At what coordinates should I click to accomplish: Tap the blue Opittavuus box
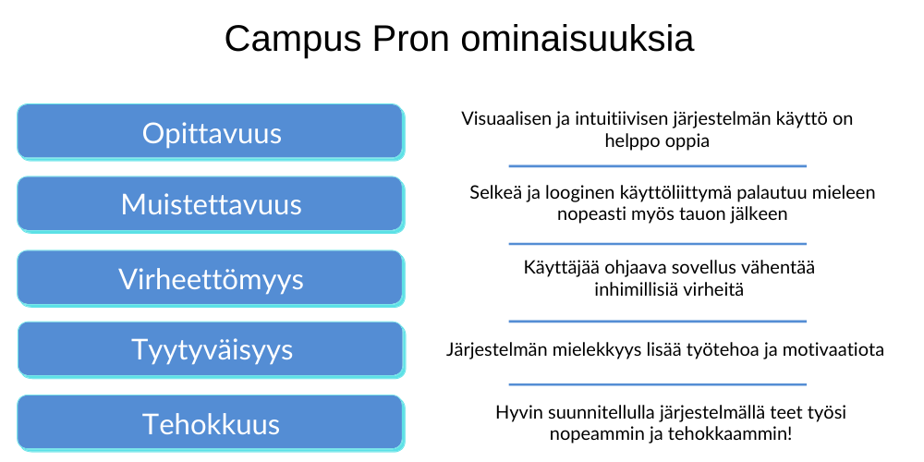[x=211, y=132]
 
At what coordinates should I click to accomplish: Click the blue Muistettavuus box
[x=211, y=204]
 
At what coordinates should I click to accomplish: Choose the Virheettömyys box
[x=211, y=278]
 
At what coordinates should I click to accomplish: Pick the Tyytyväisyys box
[x=211, y=350]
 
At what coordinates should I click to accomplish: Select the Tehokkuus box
[x=211, y=424]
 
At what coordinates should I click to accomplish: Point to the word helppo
[x=633, y=142]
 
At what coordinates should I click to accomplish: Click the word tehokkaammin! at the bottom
[x=738, y=433]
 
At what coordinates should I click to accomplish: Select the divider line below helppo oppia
[x=657, y=166]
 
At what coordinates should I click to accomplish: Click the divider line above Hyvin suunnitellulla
[x=657, y=383]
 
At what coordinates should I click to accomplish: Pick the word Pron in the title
[x=401, y=40]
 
